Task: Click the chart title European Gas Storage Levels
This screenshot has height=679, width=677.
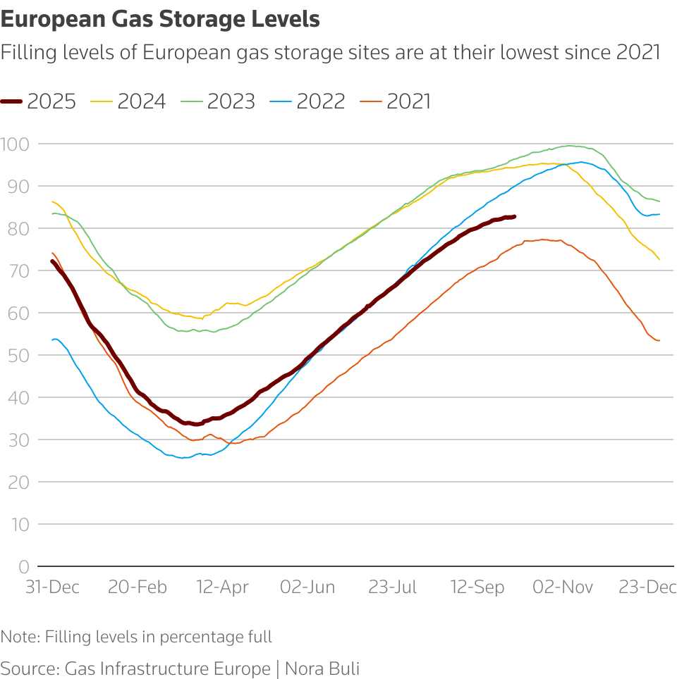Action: coord(160,20)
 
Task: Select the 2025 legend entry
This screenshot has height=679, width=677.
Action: coord(39,101)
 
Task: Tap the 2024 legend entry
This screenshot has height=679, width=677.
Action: coord(129,101)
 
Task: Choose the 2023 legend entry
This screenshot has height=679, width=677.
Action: coord(219,101)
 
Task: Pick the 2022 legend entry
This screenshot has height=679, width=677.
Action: coord(308,101)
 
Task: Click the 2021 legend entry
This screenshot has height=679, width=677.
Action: coord(398,101)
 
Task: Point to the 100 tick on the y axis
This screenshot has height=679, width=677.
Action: coord(15,144)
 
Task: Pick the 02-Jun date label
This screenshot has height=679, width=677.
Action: coord(307,587)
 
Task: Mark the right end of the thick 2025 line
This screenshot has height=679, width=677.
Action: coord(515,216)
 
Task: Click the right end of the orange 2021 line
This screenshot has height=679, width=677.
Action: coord(659,341)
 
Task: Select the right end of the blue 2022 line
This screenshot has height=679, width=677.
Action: coord(659,214)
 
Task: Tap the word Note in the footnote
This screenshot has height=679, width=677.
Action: coord(19,637)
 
